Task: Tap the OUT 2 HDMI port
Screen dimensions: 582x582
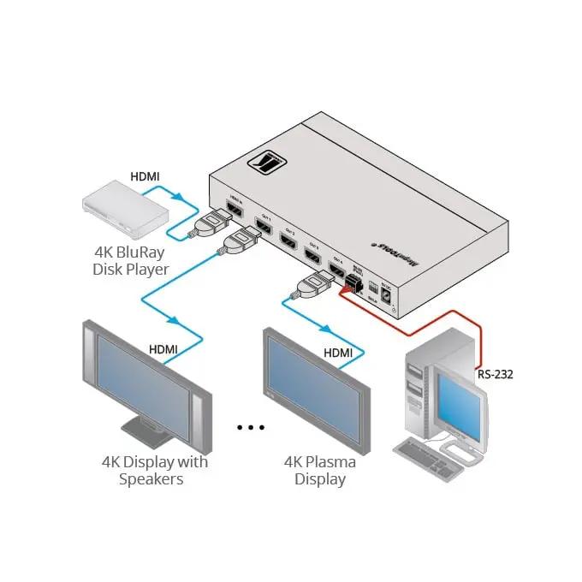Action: [x=289, y=240]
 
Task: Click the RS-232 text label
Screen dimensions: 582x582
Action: [x=495, y=374]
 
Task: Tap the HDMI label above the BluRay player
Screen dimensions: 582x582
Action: [x=144, y=176]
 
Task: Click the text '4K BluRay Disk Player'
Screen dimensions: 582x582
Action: [x=131, y=261]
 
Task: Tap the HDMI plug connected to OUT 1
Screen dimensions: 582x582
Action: [x=239, y=246]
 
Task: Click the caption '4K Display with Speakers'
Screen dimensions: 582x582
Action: [x=154, y=471]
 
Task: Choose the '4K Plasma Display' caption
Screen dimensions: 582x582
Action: [x=320, y=471]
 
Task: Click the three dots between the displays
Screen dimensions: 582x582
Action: [x=252, y=425]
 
